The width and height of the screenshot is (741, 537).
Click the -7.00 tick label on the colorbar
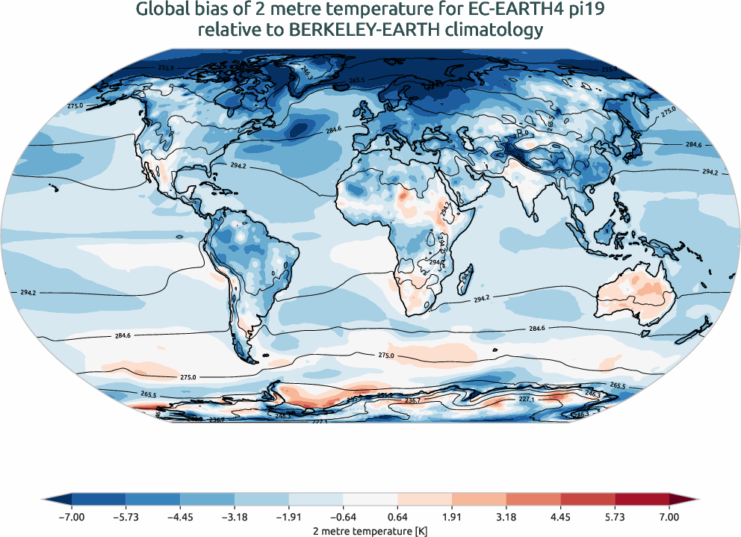(x=72, y=516)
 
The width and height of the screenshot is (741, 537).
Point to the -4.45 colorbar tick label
(x=180, y=516)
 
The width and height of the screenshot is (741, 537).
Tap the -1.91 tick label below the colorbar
(x=288, y=516)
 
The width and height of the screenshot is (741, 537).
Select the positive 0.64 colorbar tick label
(x=397, y=516)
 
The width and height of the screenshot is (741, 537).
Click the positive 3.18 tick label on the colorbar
(x=506, y=516)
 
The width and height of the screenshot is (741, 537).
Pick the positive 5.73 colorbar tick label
(x=615, y=516)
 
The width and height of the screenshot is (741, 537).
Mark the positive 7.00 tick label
(x=669, y=516)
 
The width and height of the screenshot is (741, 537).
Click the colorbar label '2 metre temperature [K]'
(x=370, y=529)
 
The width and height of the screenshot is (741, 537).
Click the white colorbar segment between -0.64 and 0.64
(x=370, y=499)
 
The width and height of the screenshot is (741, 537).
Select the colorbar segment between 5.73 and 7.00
(x=642, y=499)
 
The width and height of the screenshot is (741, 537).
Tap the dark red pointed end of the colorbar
(x=683, y=499)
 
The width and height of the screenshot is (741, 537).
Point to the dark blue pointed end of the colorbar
(x=58, y=499)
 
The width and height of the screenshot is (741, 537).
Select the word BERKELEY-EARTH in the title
(x=362, y=30)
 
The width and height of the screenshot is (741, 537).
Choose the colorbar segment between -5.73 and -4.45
(x=152, y=499)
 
